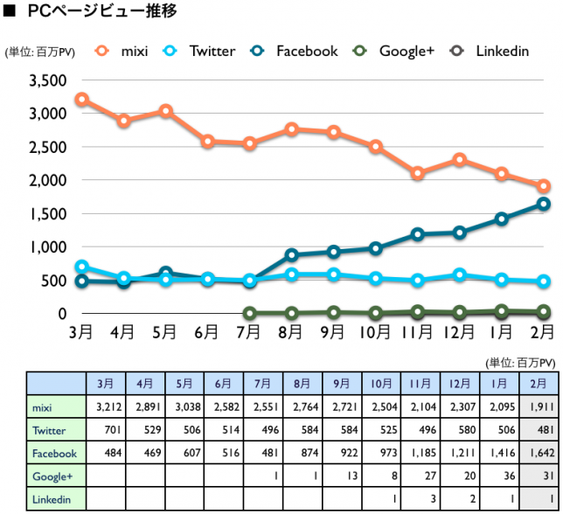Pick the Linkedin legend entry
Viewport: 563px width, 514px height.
coord(490,51)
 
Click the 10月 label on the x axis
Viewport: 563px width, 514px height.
coord(376,331)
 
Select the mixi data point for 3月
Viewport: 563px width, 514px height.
coord(82,100)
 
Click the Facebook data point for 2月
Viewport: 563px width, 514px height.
coord(543,205)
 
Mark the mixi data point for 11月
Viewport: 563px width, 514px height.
coord(418,173)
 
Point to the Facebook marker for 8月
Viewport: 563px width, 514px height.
coord(292,255)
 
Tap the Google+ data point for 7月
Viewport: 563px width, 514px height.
coord(250,313)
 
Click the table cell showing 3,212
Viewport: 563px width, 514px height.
coord(107,406)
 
